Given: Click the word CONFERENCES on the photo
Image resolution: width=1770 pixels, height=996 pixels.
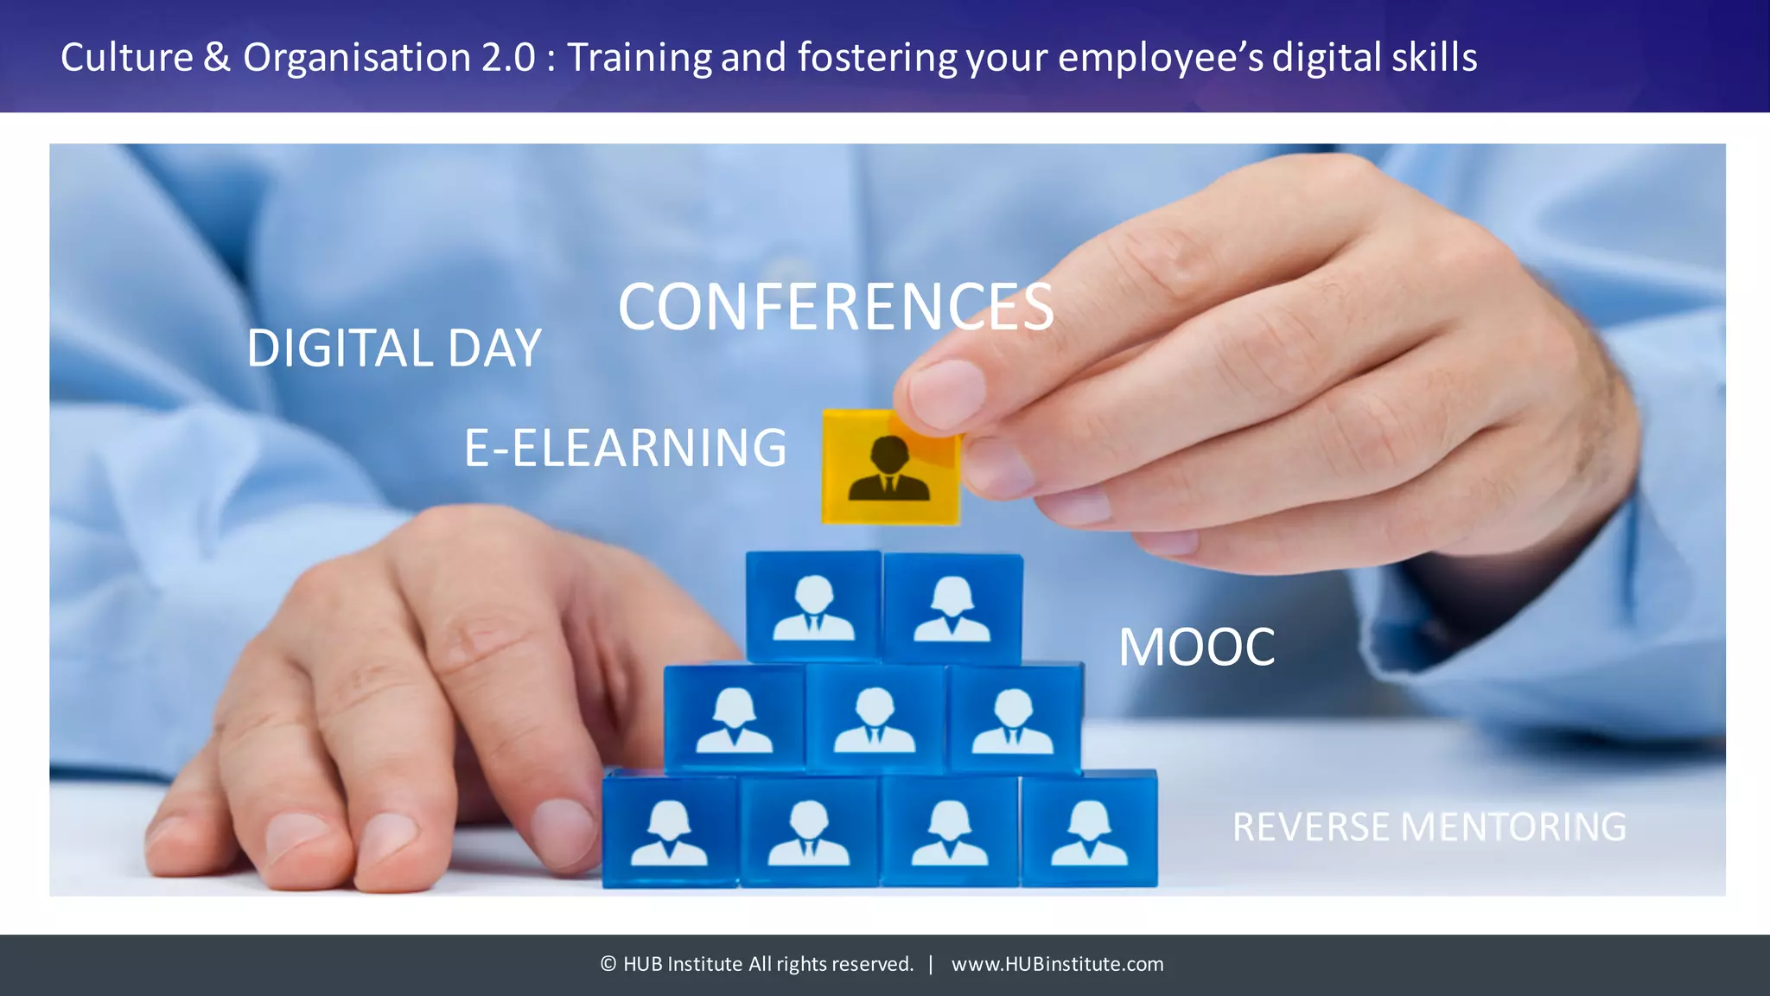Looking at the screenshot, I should point(836,308).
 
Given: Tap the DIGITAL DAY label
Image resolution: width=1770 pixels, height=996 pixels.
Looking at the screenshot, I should point(394,348).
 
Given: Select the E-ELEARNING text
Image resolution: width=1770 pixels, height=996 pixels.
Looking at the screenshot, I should point(625,448).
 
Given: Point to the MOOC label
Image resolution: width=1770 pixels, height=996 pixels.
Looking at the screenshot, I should point(1196,647).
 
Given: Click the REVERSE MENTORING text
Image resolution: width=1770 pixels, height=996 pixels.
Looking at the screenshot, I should point(1429,827).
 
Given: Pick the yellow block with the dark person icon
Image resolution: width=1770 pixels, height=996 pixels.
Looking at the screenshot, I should point(890,468).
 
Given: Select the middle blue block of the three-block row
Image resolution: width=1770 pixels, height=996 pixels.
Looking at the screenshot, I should point(875,718).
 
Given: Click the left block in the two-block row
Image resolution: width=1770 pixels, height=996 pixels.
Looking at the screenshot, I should point(813,607).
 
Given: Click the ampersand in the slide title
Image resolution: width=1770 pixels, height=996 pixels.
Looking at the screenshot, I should point(217,58).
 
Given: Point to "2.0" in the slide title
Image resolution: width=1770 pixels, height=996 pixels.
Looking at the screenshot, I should point(508,58).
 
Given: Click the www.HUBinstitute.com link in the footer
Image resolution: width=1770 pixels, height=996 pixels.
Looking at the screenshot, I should point(1057,964).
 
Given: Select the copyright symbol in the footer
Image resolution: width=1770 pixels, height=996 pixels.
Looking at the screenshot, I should point(608,964).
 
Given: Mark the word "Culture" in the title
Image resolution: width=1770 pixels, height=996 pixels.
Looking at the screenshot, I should point(127,58).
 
